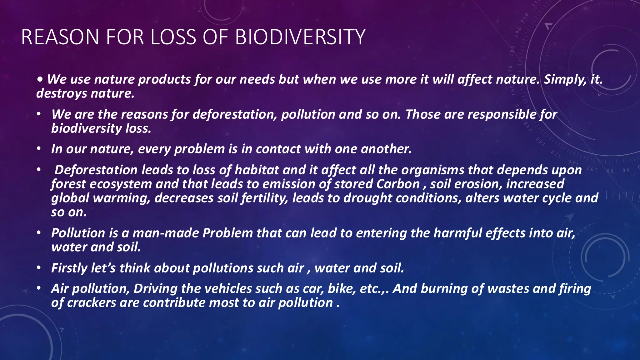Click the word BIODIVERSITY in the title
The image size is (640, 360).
pyautogui.click(x=300, y=37)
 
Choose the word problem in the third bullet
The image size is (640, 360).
pyautogui.click(x=199, y=149)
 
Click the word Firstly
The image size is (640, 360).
pyautogui.click(x=69, y=268)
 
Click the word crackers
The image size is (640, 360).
pyautogui.click(x=92, y=302)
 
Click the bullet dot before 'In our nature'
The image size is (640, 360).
pyautogui.click(x=38, y=149)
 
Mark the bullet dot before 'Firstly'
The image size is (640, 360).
pyautogui.click(x=38, y=268)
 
